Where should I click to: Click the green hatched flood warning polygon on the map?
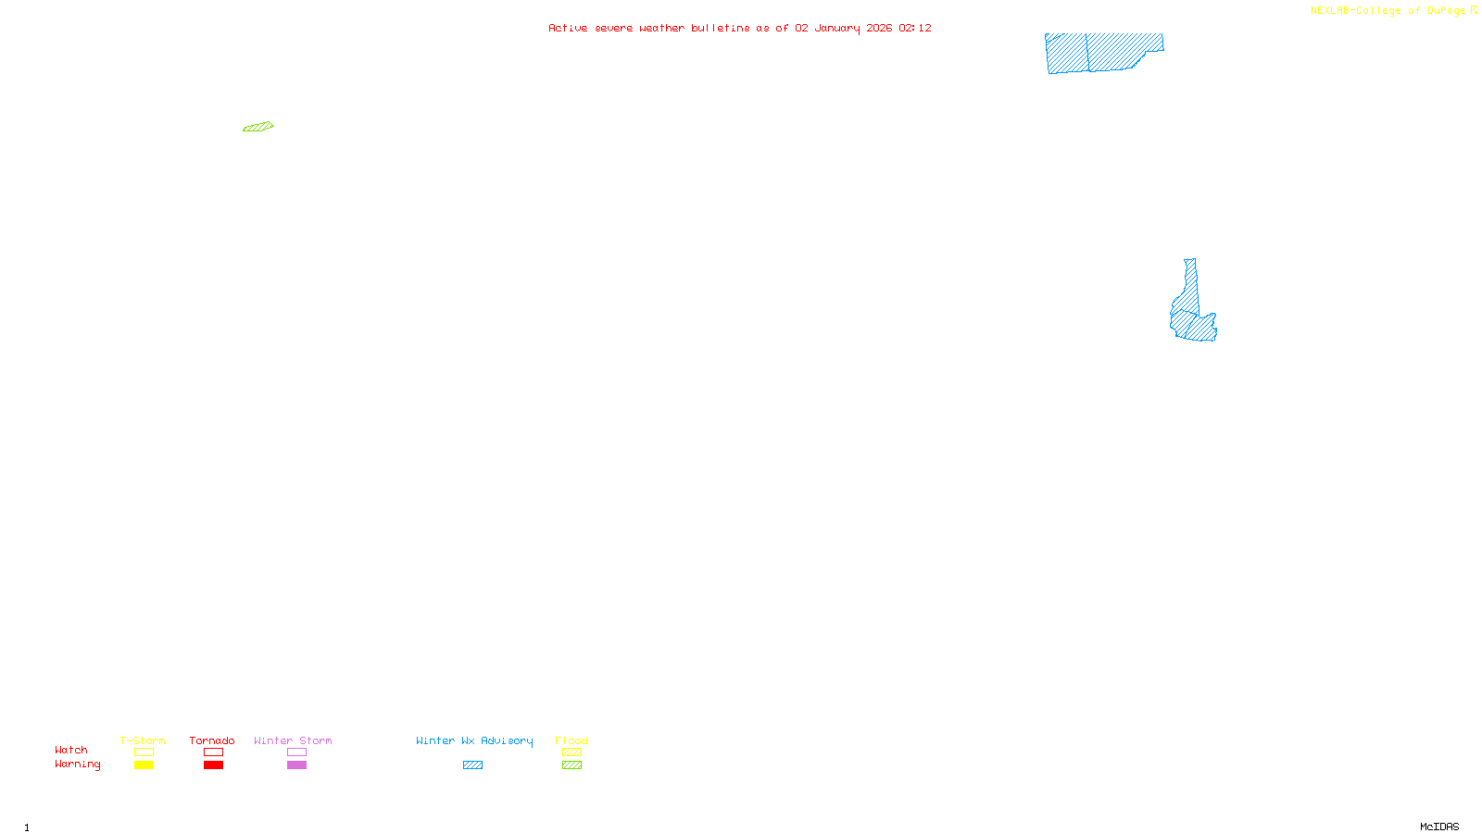click(x=258, y=127)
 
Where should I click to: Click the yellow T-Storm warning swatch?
click(x=144, y=765)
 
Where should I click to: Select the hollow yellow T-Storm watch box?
click(x=144, y=752)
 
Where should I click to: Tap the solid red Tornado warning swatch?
click(x=213, y=765)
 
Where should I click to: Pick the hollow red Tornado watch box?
click(x=213, y=752)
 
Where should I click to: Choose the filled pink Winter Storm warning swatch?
click(x=296, y=765)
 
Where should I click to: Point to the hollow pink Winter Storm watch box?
click(x=296, y=752)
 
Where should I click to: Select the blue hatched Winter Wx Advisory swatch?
click(x=472, y=765)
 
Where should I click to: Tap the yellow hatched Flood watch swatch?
click(x=571, y=752)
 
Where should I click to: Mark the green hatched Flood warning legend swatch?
click(x=571, y=765)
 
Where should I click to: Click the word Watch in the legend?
click(x=71, y=751)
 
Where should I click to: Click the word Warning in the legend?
click(x=78, y=765)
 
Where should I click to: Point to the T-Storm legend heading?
click(x=143, y=740)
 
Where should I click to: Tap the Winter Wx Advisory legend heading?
click(x=474, y=740)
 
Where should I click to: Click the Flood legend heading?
click(x=571, y=740)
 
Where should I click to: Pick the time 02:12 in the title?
click(x=915, y=28)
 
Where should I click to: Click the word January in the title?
click(x=837, y=28)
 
